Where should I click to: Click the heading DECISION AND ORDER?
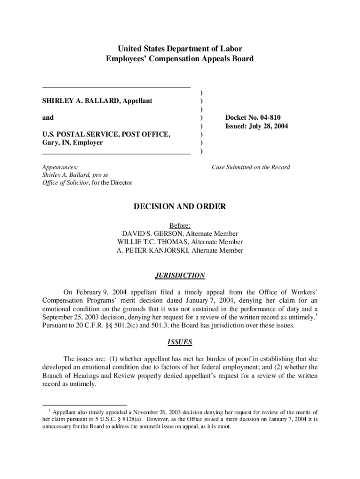pos(180,206)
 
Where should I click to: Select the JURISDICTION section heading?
pos(180,276)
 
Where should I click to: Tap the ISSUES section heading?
pos(180,342)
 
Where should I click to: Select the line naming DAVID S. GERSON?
pos(180,233)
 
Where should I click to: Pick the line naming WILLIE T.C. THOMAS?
pos(180,242)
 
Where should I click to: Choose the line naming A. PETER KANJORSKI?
pos(180,250)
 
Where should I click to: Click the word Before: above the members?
pos(180,225)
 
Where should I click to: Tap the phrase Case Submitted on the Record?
pos(251,167)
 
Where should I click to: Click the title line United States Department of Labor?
pos(180,49)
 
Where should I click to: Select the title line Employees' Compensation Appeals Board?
pos(180,59)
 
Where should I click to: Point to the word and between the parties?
pos(48,118)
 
